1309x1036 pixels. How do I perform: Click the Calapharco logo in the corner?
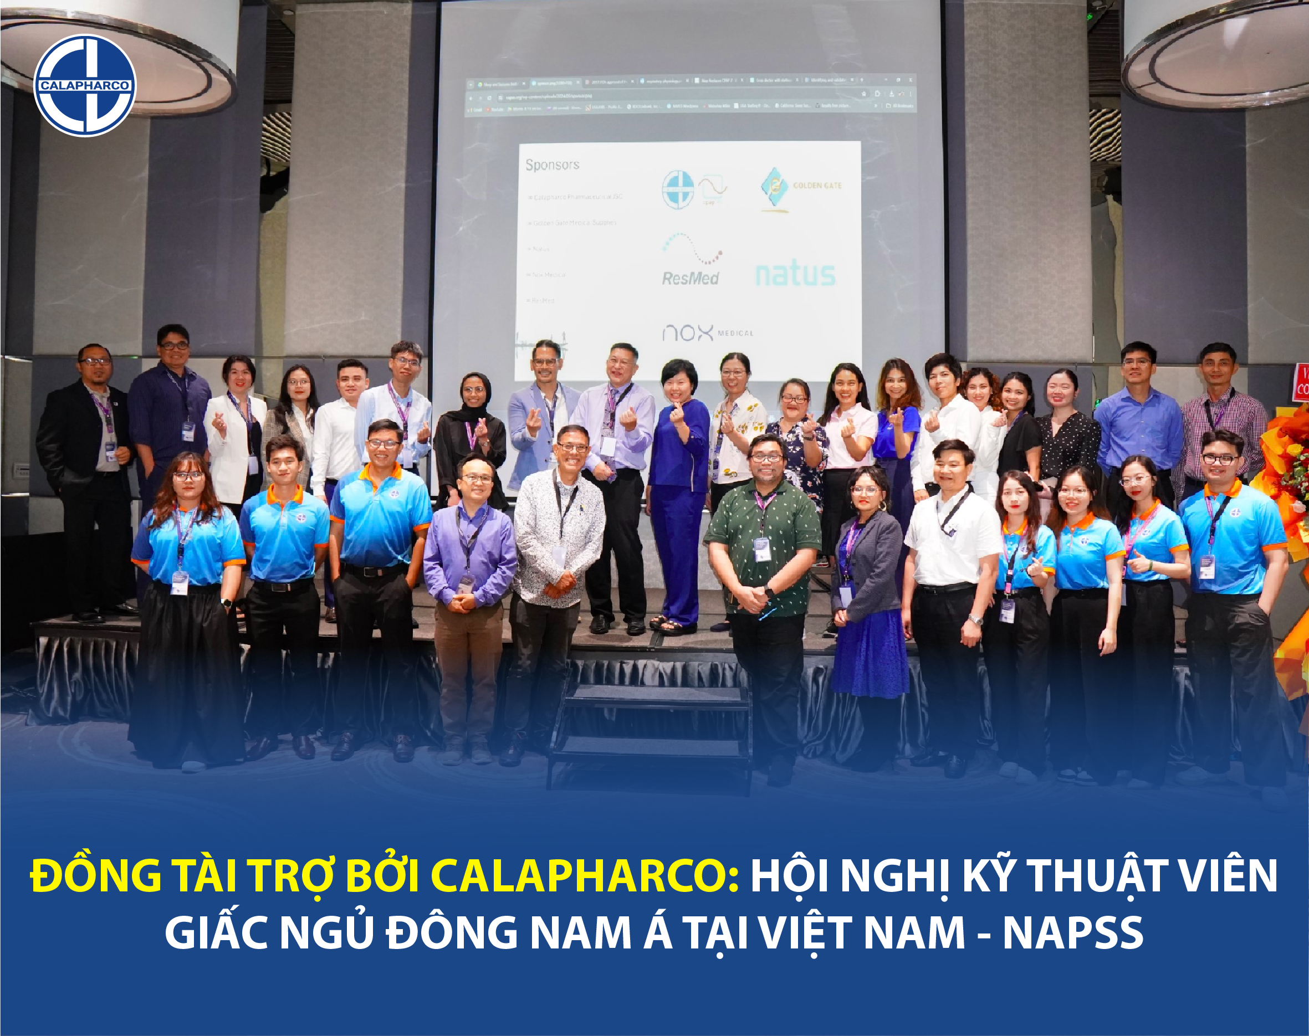(x=85, y=85)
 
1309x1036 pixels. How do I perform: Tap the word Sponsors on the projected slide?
(x=552, y=165)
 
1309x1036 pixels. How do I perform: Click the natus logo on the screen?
(x=795, y=275)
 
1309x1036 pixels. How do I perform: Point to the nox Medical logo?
(x=707, y=332)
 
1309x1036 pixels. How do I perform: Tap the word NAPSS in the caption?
(x=1072, y=932)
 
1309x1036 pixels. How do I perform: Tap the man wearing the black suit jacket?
(x=88, y=473)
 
